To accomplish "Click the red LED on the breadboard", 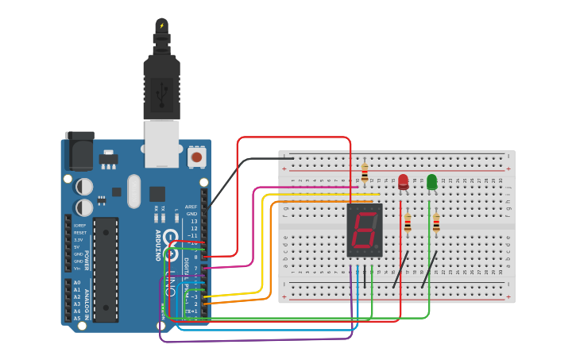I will pos(403,182).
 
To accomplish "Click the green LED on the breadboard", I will pos(431,182).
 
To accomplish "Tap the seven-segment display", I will pos(365,230).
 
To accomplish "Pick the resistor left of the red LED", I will pos(365,172).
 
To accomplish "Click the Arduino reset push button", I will pos(196,157).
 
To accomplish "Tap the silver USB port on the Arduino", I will pos(161,143).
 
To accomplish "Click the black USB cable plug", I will pos(161,87).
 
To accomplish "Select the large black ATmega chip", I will pos(106,269).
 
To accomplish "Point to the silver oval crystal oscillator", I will pos(133,191).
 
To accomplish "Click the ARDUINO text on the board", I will pos(157,246).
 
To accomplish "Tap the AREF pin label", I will pos(191,207).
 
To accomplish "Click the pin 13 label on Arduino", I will pos(193,221).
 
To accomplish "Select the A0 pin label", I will pos(77,283).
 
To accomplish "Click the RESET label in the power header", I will pos(79,232).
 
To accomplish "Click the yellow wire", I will pos(262,246).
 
